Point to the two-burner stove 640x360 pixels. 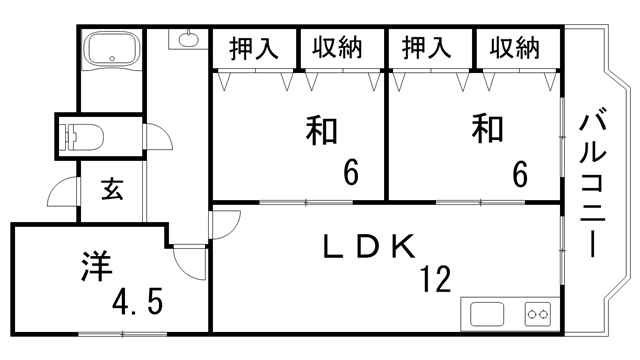(538, 314)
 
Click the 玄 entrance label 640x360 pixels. (111, 190)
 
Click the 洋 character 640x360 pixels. (93, 268)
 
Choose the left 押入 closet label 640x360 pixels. (254, 47)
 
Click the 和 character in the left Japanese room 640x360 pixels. (320, 132)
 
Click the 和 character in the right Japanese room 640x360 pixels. (487, 130)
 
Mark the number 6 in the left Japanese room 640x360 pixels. (350, 174)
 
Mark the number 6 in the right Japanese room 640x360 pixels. (520, 174)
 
